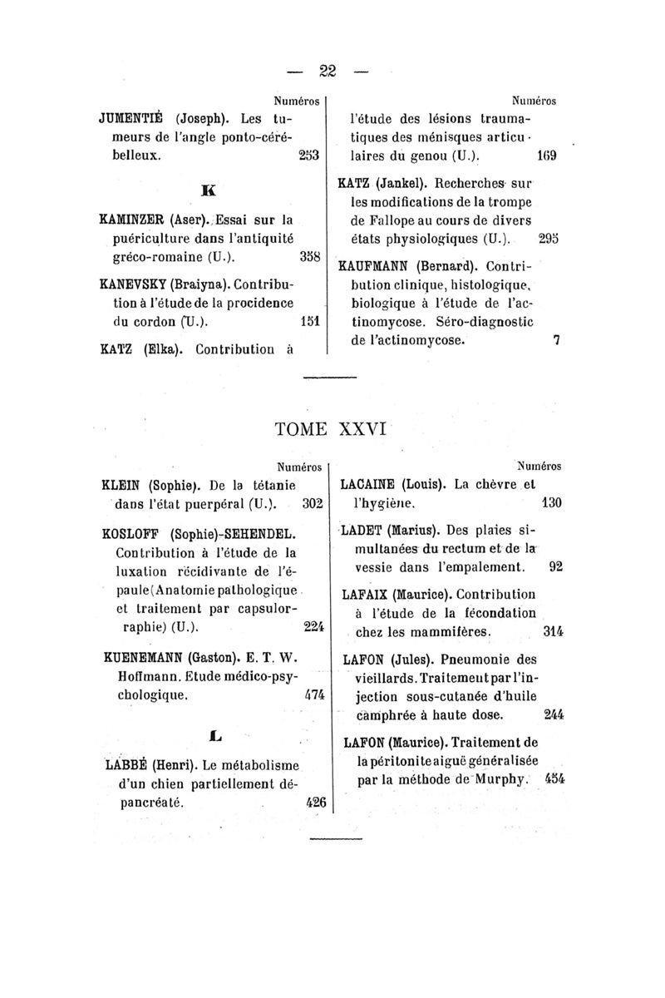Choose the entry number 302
312,504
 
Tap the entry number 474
315,693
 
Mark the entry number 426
315,803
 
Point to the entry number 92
556,568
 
